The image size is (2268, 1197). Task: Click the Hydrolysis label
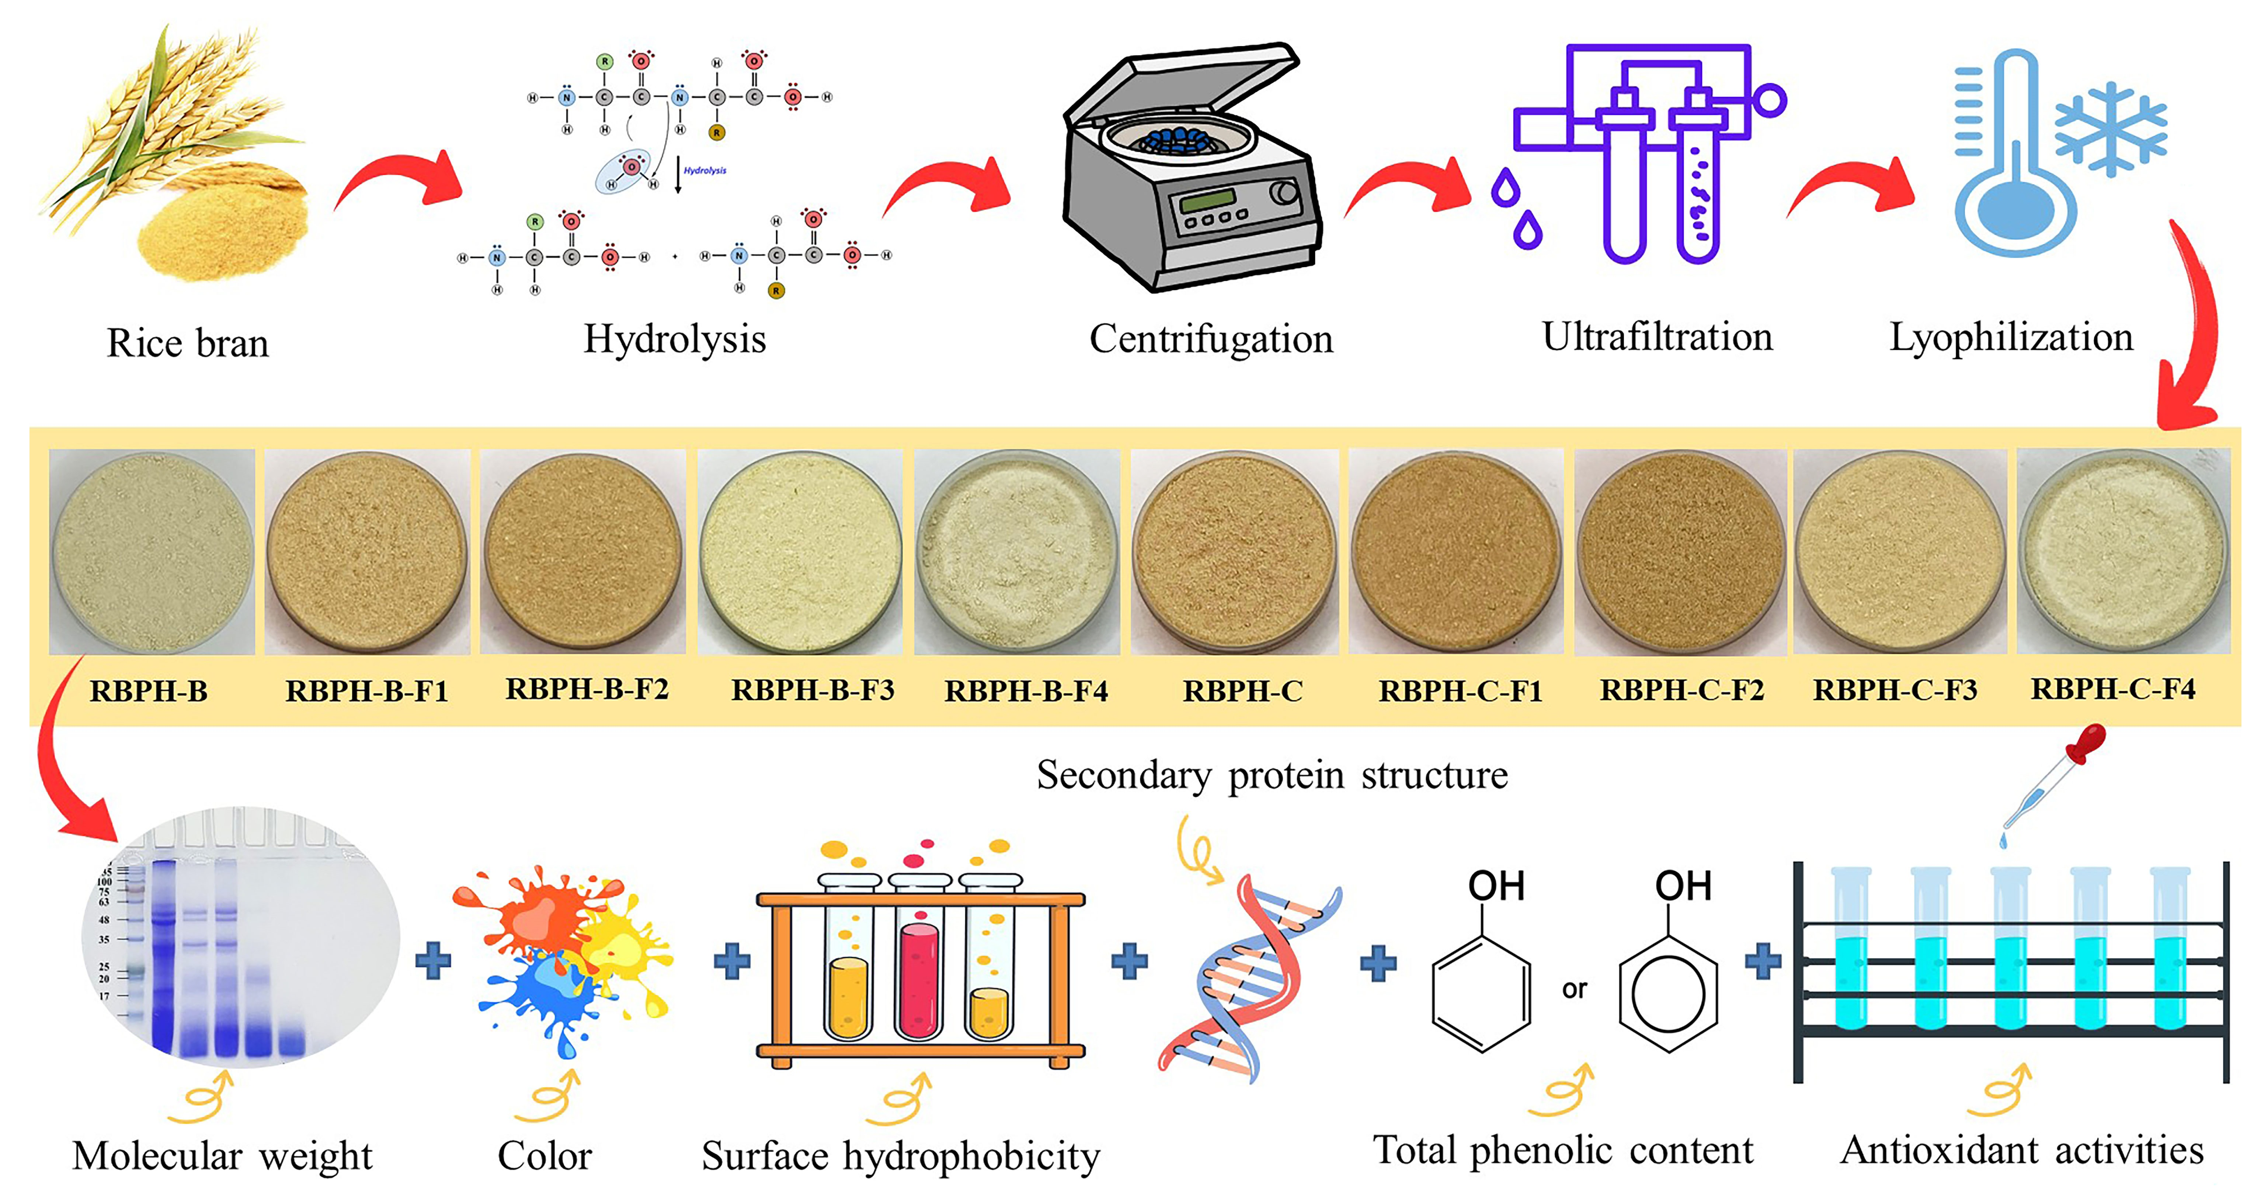coord(674,339)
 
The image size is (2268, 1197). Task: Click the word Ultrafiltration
coord(1657,337)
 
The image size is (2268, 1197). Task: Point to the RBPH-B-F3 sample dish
coord(799,552)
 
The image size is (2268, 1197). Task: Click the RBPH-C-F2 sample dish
coord(1680,552)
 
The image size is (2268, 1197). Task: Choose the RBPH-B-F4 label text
coord(1026,691)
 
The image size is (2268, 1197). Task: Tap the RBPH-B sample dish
coord(152,552)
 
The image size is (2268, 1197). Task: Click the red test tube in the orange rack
coord(918,977)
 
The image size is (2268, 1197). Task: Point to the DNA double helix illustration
coord(1248,977)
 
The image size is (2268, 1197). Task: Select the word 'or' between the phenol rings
coord(1574,989)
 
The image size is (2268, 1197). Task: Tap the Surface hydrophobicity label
coord(900,1156)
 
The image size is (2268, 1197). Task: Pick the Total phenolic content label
coord(1563,1150)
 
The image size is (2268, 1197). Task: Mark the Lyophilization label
coord(2011,337)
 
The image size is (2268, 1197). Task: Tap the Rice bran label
coord(188,342)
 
